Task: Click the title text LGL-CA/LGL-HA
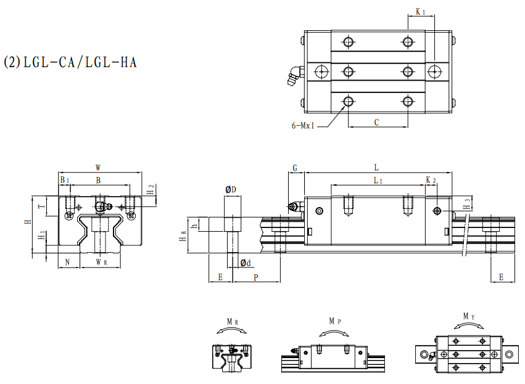coord(80,62)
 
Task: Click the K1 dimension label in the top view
coord(421,12)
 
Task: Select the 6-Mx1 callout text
coord(303,126)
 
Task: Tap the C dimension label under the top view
coord(377,123)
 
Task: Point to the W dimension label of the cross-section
coord(98,167)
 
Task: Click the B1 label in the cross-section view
coord(64,180)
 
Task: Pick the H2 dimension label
coord(151,189)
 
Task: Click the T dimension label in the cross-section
coord(42,206)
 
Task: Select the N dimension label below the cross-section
coord(67,262)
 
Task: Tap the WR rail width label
coord(101,262)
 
